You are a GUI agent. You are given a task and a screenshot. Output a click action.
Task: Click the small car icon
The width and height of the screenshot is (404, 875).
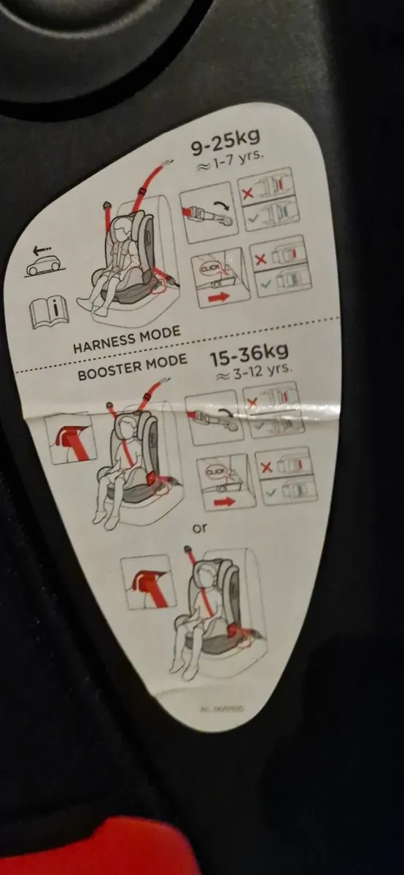[x=43, y=265]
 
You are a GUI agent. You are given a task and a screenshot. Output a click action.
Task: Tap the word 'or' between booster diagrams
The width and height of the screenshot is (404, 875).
[x=201, y=526]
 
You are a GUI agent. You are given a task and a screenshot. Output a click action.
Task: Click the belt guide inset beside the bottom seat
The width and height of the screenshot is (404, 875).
[x=149, y=581]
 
